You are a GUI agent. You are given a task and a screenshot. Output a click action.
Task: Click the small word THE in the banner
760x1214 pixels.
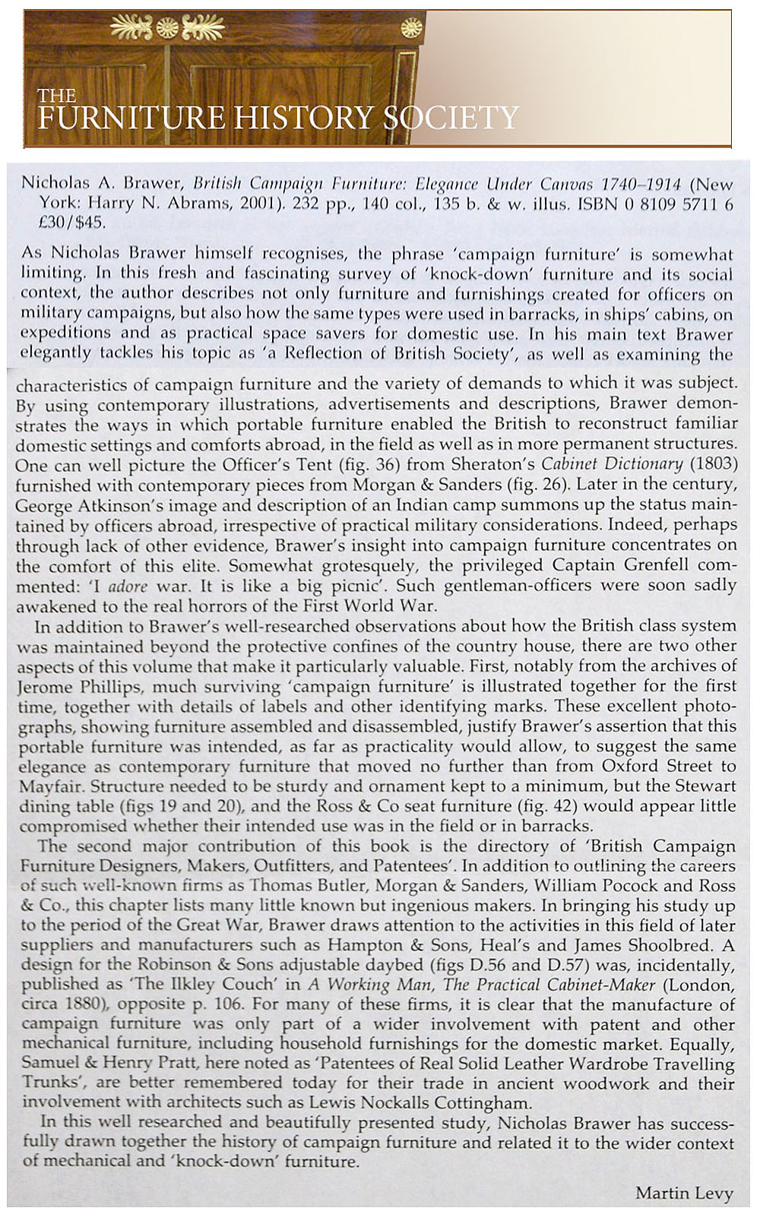pos(57,96)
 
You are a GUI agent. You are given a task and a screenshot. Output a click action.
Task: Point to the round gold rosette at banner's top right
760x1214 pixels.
pos(411,30)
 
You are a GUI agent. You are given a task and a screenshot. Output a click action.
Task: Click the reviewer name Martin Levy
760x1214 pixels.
pos(684,1193)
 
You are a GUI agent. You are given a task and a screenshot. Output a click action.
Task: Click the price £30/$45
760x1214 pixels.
pos(74,223)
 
